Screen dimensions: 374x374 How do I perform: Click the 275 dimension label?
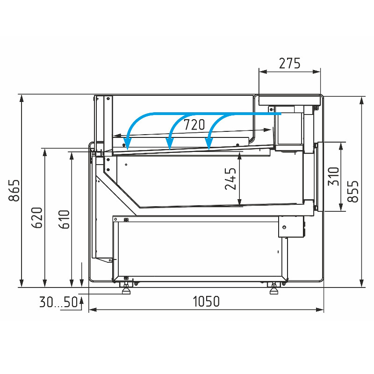coord(289,64)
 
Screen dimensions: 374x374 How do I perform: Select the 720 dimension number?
coord(194,125)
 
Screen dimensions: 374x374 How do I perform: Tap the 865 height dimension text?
coord(14,191)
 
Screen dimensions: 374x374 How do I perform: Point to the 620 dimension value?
coord(37,218)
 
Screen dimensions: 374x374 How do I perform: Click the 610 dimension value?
coord(64,219)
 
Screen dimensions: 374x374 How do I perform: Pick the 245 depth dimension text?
coord(230,179)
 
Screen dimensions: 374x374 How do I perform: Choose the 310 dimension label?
coord(333,177)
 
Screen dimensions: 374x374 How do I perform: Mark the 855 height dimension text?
coord(353,191)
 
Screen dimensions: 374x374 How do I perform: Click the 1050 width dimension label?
coord(206,302)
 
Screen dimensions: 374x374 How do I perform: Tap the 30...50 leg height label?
coord(59,302)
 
